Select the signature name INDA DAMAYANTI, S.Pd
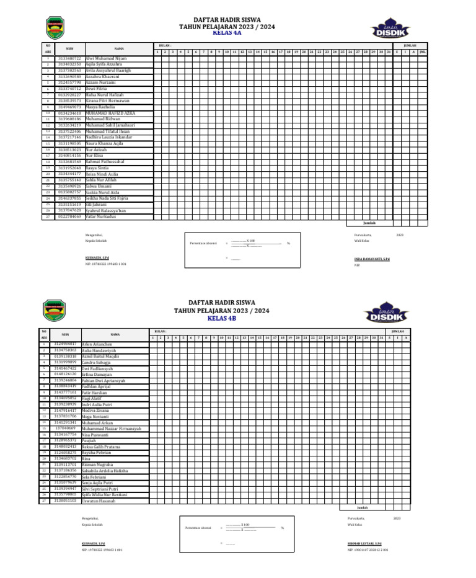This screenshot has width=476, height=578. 372,257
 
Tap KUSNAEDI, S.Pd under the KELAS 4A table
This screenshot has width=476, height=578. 95,257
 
